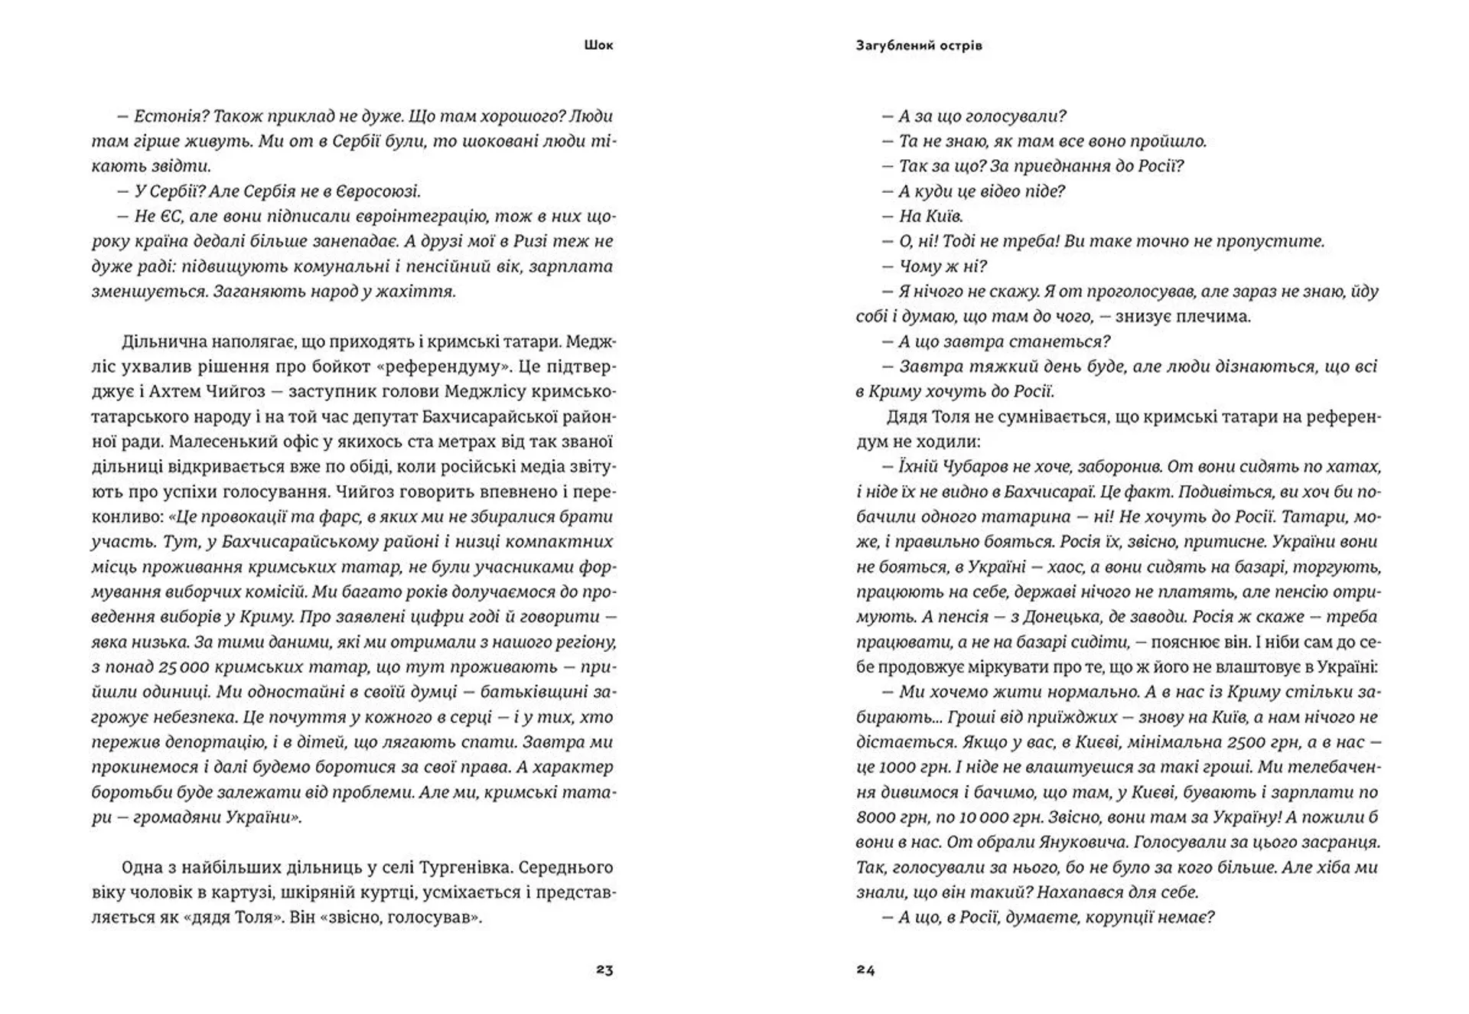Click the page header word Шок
[x=598, y=45]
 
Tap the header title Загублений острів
[x=919, y=45]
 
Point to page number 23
[x=604, y=970]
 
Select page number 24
[x=865, y=970]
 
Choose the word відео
[x=993, y=191]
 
